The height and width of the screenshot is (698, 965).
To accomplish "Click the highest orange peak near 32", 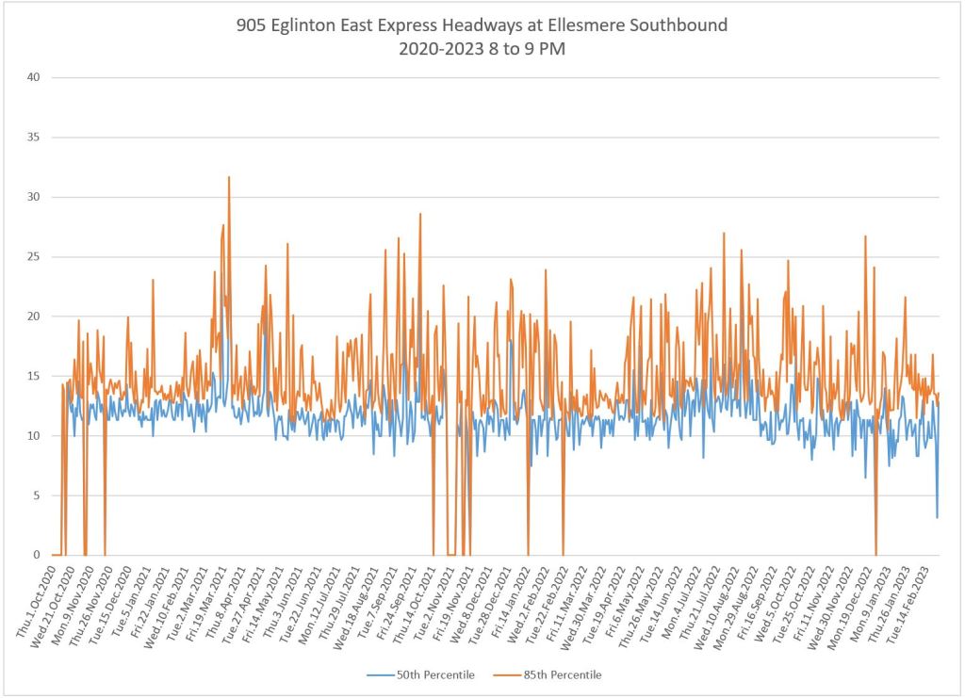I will coord(228,177).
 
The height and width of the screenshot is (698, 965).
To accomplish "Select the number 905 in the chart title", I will coord(252,25).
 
